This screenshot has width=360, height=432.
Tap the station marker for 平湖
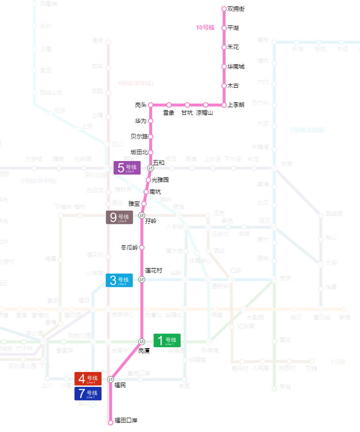pos(224,28)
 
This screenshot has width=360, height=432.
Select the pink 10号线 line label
pos(205,28)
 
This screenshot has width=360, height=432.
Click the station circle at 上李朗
pos(224,105)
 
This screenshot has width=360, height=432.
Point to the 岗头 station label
pos(141,105)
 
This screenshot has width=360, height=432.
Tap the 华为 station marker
pos(151,121)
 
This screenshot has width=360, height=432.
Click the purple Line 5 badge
pos(127,168)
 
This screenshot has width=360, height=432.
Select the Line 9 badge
pos(119,218)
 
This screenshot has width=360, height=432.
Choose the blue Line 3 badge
pos(119,281)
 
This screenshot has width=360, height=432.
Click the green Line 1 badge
pos(167,341)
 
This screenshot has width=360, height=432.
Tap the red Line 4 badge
pos(88,379)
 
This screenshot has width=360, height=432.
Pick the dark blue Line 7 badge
pos(88,393)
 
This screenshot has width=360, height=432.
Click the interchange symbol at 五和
pos(151,168)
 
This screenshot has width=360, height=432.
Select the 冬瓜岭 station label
pos(129,248)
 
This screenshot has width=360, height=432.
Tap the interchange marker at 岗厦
pos(142,342)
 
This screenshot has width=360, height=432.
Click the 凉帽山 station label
pos(205,113)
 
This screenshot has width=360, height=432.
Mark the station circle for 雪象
pos(169,105)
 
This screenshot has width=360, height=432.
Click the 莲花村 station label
pos(154,271)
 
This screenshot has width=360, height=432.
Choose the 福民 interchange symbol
pos(111,379)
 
